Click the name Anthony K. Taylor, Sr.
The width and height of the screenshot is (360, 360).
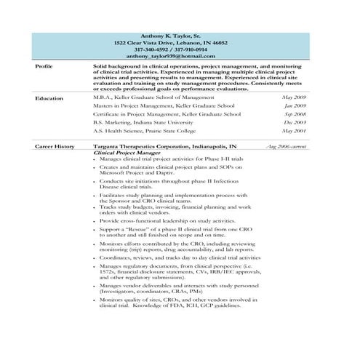(180, 36)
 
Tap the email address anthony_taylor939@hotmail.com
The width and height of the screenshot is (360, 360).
(180, 56)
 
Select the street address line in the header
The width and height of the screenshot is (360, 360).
(180, 43)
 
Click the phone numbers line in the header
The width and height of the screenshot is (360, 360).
(180, 49)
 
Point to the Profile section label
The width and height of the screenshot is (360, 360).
(44, 66)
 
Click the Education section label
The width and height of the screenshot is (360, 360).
(49, 97)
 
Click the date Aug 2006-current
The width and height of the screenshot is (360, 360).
(286, 146)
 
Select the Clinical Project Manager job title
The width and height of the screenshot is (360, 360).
(127, 153)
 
